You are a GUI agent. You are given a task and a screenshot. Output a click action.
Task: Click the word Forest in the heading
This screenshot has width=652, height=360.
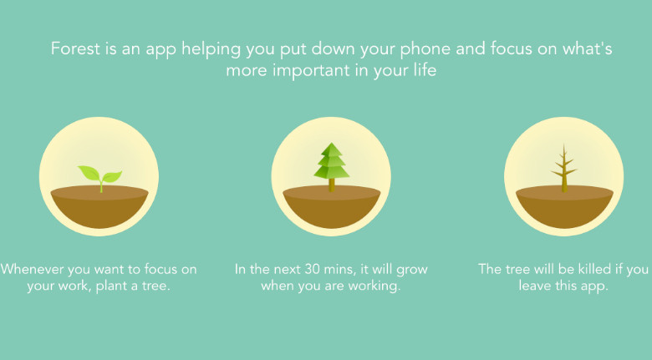pyautogui.click(x=76, y=48)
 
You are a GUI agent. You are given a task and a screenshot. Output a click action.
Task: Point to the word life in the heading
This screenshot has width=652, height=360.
pyautogui.click(x=425, y=69)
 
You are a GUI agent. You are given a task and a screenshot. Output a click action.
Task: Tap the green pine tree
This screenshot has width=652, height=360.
pyautogui.click(x=331, y=167)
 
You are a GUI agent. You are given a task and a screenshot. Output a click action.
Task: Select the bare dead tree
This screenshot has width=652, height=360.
pyautogui.click(x=564, y=169)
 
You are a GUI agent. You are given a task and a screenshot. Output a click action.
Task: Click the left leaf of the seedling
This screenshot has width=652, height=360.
pyautogui.click(x=89, y=173)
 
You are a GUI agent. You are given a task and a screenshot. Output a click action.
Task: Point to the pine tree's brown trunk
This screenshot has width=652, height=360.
pyautogui.click(x=331, y=185)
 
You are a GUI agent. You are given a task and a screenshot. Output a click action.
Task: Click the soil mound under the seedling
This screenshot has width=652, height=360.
pyautogui.click(x=99, y=206)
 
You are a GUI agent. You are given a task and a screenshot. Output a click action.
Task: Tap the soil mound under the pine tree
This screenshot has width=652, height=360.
pyautogui.click(x=331, y=206)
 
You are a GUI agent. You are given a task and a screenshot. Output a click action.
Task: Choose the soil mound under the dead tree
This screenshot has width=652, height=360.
pyautogui.click(x=564, y=206)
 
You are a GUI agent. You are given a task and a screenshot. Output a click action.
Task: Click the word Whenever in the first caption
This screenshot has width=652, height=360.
pyautogui.click(x=32, y=269)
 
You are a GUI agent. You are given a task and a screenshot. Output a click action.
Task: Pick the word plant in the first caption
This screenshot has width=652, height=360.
pyautogui.click(x=110, y=286)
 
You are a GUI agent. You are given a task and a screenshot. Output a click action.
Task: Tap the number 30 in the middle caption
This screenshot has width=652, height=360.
pyautogui.click(x=312, y=270)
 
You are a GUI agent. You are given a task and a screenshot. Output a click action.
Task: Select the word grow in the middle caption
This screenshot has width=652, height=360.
pyautogui.click(x=411, y=271)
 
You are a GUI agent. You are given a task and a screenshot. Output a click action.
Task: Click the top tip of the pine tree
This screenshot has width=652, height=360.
pyautogui.click(x=331, y=143)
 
